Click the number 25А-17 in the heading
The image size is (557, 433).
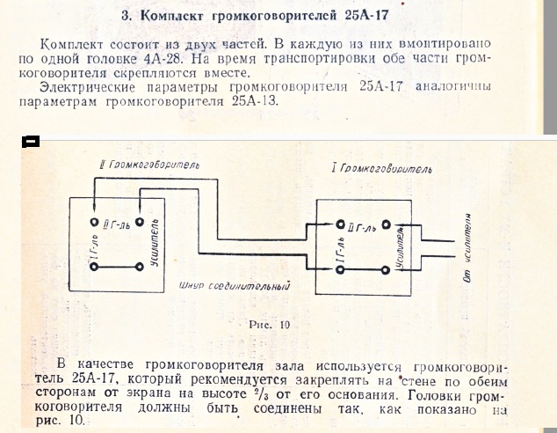[366, 16]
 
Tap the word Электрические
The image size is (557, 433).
[87, 87]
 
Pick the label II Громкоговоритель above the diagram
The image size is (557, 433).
[149, 165]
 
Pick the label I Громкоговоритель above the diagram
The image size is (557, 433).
[382, 168]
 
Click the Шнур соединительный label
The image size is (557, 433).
[235, 286]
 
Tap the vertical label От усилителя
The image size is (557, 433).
[468, 248]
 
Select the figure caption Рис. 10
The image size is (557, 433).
[269, 325]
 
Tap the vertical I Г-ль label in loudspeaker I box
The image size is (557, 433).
[341, 250]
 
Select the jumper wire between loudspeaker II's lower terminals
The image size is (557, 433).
[117, 267]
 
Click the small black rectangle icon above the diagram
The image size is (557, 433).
[31, 142]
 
